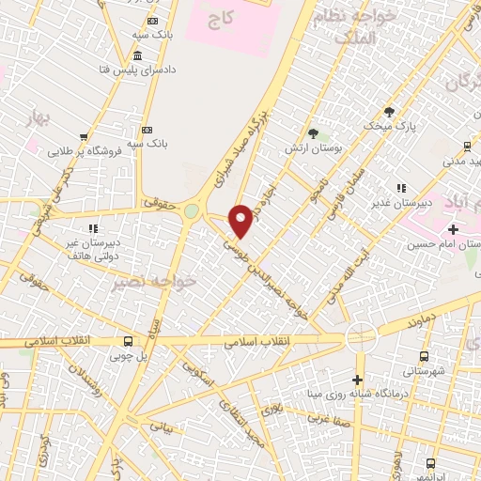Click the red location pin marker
[x=241, y=220]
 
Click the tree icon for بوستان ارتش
[x=313, y=133]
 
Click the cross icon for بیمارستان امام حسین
[x=454, y=229]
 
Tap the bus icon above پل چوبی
[x=128, y=340]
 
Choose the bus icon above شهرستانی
[x=425, y=356]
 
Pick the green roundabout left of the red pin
[x=192, y=211]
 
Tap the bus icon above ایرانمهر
[x=430, y=463]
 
